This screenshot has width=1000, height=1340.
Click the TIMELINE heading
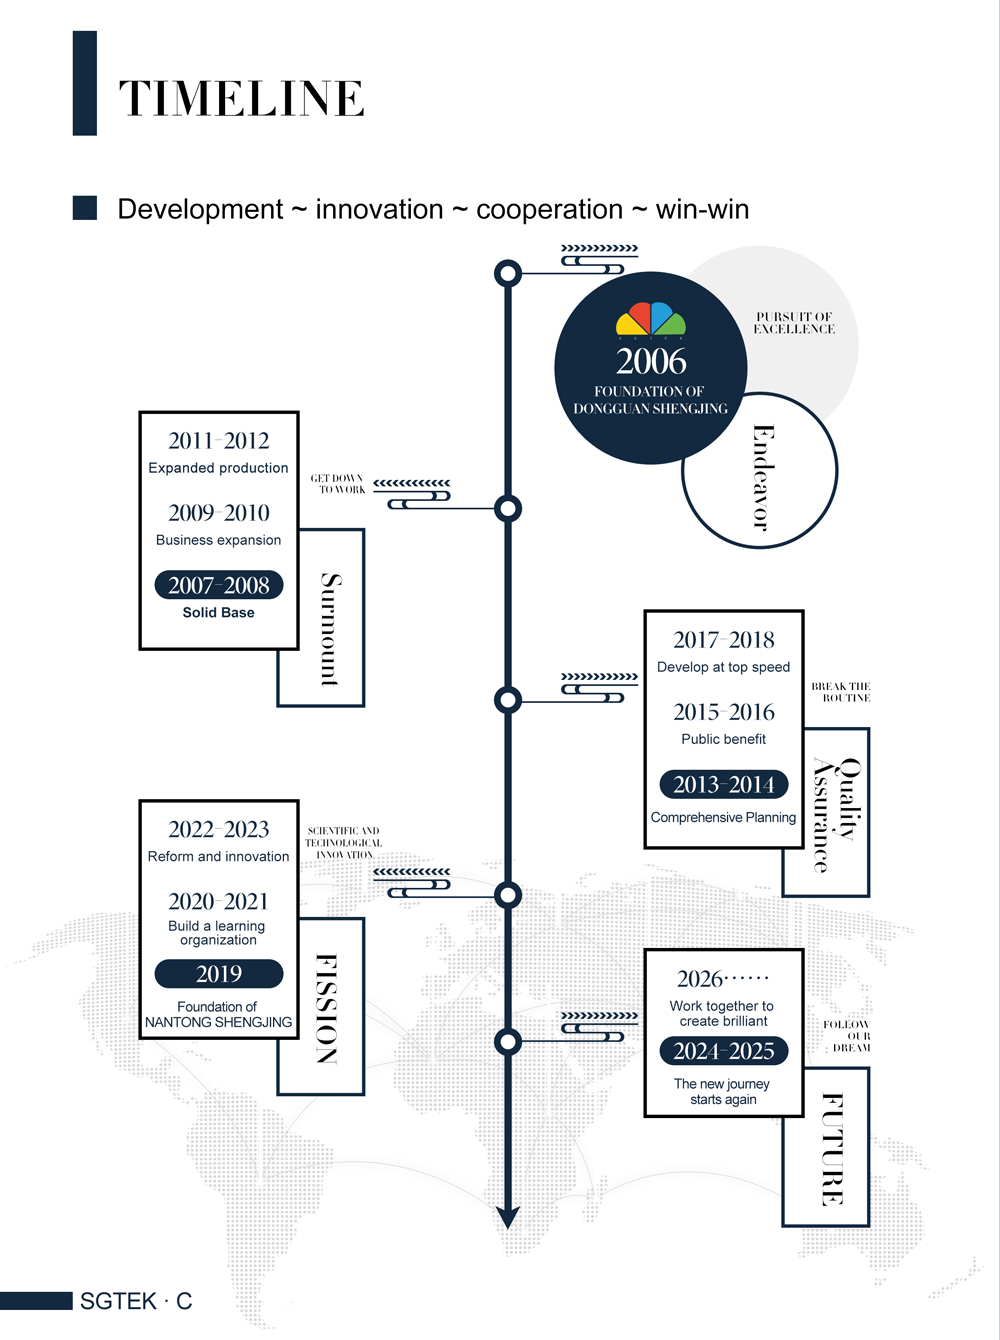point(241,98)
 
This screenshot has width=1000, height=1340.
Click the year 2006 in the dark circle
point(651,361)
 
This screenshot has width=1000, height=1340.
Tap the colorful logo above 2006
point(651,319)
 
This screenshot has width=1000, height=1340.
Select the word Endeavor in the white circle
point(763,477)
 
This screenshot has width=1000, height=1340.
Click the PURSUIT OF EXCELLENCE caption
point(794,323)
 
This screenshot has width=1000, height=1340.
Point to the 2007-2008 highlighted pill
point(219,585)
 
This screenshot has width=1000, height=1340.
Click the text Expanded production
point(218,468)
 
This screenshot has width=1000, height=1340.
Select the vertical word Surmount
point(330,629)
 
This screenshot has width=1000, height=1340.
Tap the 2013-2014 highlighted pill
point(724,785)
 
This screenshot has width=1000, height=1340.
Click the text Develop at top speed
point(723,667)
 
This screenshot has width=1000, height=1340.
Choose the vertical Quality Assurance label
point(836,814)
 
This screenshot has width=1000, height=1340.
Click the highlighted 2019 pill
point(219,974)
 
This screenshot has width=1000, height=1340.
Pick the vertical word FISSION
point(327,1008)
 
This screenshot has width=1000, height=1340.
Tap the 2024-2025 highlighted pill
point(724,1051)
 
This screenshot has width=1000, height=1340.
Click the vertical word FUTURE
point(832,1149)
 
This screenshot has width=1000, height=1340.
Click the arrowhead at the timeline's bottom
point(508,1216)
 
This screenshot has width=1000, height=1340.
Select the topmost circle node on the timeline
point(508,273)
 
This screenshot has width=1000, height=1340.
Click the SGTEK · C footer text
point(136,1301)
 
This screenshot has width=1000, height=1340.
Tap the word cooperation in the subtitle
point(549,209)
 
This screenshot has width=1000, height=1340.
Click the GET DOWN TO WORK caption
point(337,484)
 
